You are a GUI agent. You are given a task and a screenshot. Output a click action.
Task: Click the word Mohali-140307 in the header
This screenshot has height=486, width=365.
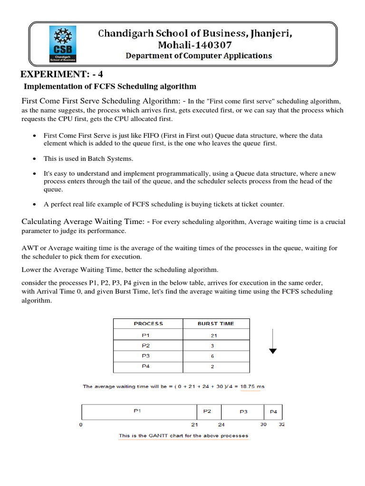(x=192, y=45)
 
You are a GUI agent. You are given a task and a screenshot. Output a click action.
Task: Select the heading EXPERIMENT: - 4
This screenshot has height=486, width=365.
(x=62, y=75)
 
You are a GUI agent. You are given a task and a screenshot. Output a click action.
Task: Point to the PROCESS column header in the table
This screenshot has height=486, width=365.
(x=148, y=324)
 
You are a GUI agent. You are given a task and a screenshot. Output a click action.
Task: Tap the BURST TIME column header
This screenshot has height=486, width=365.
(x=216, y=324)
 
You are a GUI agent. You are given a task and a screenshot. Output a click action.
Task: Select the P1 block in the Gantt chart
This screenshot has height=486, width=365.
(x=137, y=411)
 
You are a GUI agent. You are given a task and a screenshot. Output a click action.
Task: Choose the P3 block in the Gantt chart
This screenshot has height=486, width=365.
(x=243, y=412)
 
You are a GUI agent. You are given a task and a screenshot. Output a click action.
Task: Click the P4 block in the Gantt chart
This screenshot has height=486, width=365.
(x=273, y=412)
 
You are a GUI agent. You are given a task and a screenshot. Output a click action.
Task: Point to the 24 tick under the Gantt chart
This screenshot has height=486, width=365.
(x=221, y=425)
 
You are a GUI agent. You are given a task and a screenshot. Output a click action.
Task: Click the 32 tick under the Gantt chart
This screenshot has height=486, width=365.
(x=281, y=425)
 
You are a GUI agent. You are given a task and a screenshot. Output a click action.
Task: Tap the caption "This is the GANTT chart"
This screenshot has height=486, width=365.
(x=183, y=436)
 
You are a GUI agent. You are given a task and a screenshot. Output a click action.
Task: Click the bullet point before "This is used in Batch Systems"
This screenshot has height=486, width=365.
(x=35, y=159)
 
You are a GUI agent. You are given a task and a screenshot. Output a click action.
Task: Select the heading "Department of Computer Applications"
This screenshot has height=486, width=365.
(x=199, y=56)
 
